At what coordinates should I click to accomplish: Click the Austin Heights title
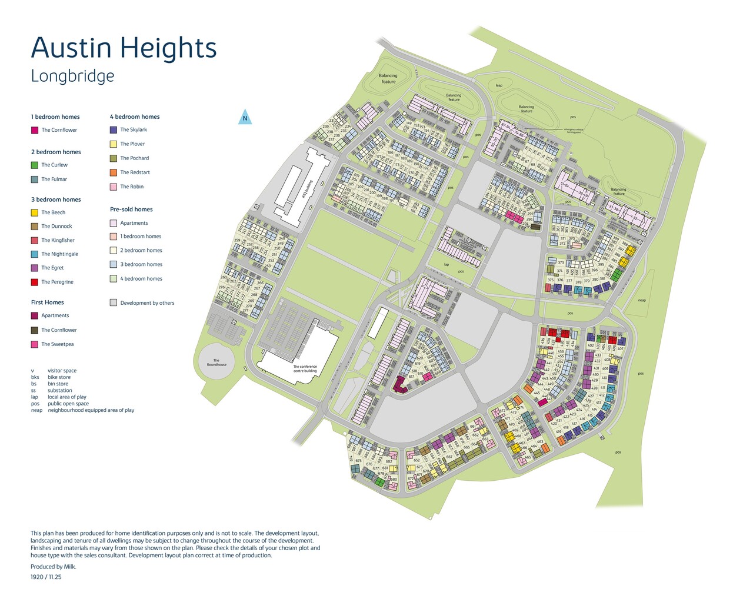(124, 48)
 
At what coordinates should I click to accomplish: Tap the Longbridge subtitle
(72, 76)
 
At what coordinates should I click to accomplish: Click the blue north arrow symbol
(245, 118)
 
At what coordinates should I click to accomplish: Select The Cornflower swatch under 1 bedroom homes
(35, 130)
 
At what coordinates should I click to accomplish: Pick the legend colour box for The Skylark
(114, 129)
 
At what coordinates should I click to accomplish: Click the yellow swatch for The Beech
(35, 212)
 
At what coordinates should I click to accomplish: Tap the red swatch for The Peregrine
(35, 282)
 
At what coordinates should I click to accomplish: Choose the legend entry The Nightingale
(59, 254)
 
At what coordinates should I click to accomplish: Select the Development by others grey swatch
(114, 303)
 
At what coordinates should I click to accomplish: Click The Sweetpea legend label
(57, 344)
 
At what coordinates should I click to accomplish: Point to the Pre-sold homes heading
(131, 209)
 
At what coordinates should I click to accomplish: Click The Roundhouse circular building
(216, 361)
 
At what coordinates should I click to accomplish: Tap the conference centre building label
(305, 369)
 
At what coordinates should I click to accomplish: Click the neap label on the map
(642, 300)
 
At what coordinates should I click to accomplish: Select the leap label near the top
(499, 85)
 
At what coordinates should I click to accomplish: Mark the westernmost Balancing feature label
(388, 78)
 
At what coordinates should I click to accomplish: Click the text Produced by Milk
(54, 567)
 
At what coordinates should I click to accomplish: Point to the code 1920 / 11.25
(46, 577)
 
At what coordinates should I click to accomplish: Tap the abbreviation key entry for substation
(59, 390)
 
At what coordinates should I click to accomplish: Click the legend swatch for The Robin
(114, 187)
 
